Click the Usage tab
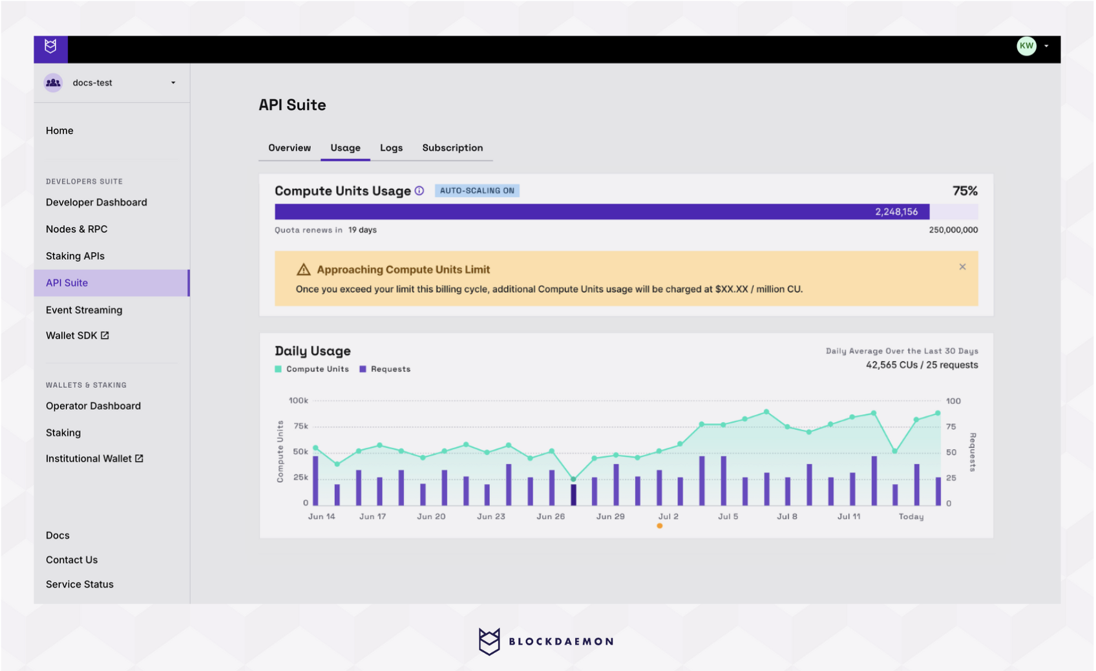point(345,148)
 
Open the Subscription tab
point(452,148)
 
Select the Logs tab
point(391,148)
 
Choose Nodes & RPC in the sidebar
point(76,229)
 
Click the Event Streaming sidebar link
point(84,310)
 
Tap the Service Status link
point(79,584)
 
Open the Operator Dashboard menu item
point(93,406)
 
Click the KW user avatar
point(1026,46)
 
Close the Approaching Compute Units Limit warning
point(962,267)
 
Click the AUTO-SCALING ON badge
point(477,191)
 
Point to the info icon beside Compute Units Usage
point(419,191)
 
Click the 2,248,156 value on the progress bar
point(896,212)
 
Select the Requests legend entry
point(385,369)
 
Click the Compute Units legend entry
point(312,369)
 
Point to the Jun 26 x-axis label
point(551,517)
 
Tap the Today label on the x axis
point(911,517)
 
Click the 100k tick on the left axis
point(299,401)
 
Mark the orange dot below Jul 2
point(659,526)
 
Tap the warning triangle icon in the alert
point(303,270)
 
